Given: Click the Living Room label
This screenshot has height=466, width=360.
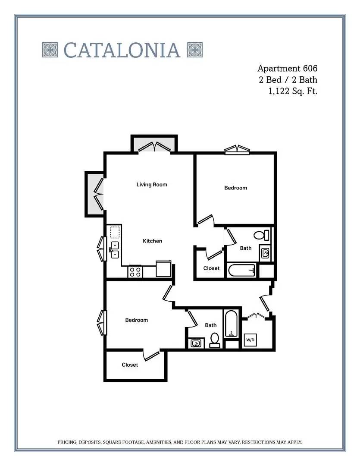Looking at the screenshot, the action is click(x=152, y=185).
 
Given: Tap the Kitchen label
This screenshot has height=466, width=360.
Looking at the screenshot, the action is click(x=152, y=241).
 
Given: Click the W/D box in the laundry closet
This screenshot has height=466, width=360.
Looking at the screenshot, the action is click(x=250, y=340).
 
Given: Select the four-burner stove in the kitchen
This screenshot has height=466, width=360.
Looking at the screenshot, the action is click(x=135, y=272).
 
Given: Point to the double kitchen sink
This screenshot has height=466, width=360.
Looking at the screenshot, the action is click(x=115, y=250).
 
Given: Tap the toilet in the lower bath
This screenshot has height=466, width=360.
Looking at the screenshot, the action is click(x=214, y=340).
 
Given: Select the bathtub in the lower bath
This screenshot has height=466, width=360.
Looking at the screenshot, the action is click(x=232, y=324).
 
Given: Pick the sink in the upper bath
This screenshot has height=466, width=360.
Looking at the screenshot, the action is click(x=265, y=253).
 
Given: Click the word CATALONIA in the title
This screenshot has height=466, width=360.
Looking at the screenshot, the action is click(x=122, y=50).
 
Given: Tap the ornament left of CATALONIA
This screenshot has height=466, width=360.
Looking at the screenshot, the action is click(x=50, y=50).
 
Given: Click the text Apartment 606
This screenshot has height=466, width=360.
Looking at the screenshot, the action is click(x=287, y=69).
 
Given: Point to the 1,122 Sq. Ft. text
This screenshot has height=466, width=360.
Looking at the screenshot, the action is click(x=293, y=91).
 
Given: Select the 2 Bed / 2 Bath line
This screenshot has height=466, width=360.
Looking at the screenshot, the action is click(x=288, y=80).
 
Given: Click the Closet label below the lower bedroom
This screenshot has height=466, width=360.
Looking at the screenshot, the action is click(x=130, y=365).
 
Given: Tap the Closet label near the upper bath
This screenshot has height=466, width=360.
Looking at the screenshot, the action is click(x=212, y=268).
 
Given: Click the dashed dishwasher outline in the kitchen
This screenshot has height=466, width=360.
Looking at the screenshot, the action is click(x=115, y=232).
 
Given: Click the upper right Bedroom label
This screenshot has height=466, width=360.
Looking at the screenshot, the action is click(x=235, y=188).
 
